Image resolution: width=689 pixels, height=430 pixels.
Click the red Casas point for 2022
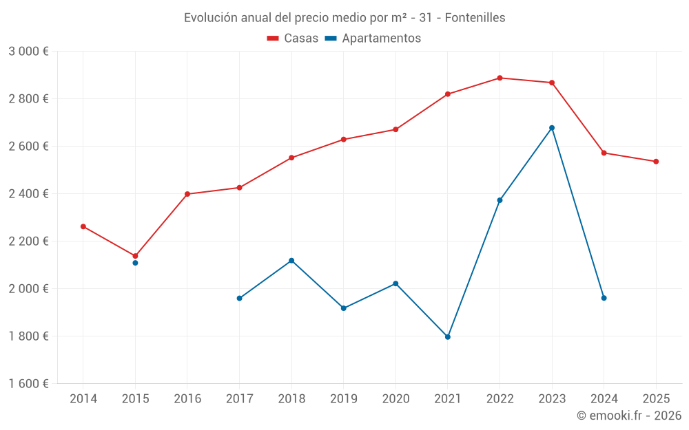click(500, 78)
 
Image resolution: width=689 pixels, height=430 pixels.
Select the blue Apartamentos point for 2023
click(552, 128)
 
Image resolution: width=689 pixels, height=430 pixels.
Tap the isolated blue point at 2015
click(135, 263)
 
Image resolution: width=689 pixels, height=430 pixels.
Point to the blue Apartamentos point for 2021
click(448, 337)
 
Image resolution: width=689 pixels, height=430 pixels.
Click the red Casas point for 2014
click(83, 226)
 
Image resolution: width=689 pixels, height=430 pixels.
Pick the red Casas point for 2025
click(656, 162)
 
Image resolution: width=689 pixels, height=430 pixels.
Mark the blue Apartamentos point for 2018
click(291, 261)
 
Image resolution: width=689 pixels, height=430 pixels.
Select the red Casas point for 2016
click(187, 194)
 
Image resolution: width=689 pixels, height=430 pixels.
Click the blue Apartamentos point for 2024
click(604, 298)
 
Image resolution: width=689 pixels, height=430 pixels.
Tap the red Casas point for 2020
click(395, 129)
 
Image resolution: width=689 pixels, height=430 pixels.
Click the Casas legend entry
click(293, 39)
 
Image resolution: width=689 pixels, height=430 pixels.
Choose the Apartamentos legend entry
click(373, 39)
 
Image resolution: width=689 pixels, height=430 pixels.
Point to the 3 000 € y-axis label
click(28, 52)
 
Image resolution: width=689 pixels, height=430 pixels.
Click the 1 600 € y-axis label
click(28, 384)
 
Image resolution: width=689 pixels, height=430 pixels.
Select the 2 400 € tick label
click(28, 194)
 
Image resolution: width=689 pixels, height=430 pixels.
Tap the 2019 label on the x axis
click(343, 399)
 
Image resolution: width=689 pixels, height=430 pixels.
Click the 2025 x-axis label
click(656, 399)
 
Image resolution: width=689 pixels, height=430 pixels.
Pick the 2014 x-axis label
click(83, 399)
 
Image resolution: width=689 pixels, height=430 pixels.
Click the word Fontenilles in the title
click(475, 18)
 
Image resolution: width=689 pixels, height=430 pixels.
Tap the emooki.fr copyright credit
click(629, 416)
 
